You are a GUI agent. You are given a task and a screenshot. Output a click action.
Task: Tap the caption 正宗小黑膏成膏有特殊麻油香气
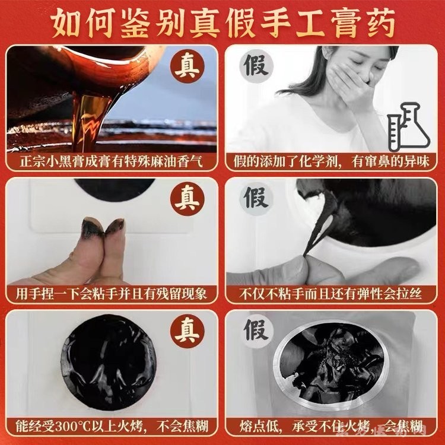coord(112,162)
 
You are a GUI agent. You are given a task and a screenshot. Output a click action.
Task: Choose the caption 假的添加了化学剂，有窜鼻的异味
coord(331,162)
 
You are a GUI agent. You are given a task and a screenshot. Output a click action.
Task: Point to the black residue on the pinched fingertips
coord(104,227)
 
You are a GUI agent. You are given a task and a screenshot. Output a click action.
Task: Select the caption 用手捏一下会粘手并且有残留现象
coord(112,294)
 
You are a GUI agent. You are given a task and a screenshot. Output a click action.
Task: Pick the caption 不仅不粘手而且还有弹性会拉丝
coord(330,294)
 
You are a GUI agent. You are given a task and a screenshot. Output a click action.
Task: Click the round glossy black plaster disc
coord(109,362)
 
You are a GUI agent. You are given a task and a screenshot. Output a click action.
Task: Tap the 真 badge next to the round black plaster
coord(187,331)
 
